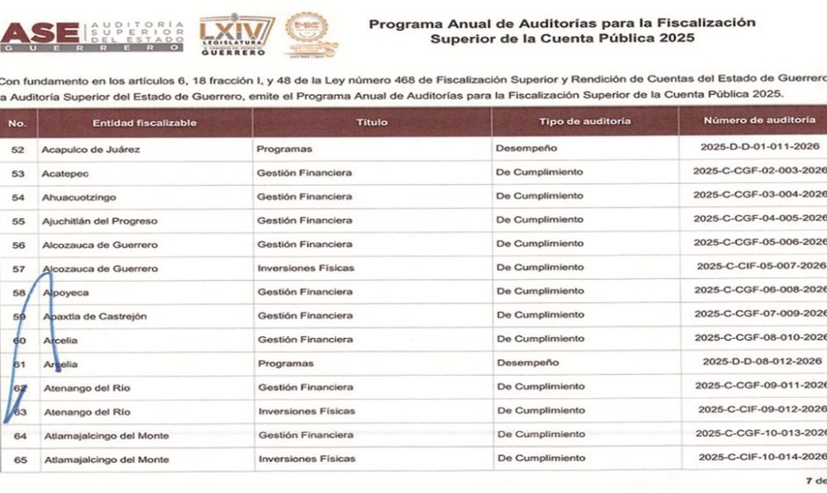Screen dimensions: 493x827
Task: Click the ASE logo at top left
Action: point(92,34)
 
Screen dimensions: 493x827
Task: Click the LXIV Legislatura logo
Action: point(237,34)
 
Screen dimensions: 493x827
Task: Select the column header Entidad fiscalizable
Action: point(144,122)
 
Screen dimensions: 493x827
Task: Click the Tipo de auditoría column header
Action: point(584,121)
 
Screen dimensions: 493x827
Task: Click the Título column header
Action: point(371,122)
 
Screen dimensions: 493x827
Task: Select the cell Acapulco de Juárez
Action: point(91,149)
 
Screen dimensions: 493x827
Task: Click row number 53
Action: point(18,173)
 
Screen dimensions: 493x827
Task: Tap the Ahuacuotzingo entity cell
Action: point(78,197)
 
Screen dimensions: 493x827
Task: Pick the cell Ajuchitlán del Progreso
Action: point(96,221)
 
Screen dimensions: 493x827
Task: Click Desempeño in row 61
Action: point(527,362)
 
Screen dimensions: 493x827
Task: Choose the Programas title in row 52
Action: point(284,149)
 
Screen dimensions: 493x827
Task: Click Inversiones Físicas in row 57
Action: point(306,268)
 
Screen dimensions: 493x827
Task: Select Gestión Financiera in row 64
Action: point(304,435)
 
